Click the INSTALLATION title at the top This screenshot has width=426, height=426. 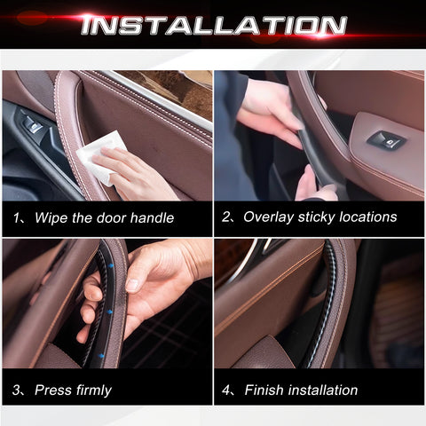coord(214,25)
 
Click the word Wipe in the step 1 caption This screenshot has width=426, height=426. coord(51,217)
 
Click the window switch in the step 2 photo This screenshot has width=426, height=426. coord(387,140)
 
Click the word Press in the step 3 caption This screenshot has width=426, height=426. coord(53,390)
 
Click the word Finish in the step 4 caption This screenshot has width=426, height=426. coord(264,390)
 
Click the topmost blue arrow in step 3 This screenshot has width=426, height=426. coord(111,266)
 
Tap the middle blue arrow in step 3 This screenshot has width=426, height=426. coord(110,312)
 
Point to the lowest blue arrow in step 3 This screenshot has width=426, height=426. coord(101,356)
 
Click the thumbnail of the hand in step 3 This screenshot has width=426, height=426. coord(132,285)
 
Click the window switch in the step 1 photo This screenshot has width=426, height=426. coord(33,125)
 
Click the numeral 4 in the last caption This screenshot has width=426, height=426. coord(225,390)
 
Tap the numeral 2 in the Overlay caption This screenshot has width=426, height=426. coord(225,217)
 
